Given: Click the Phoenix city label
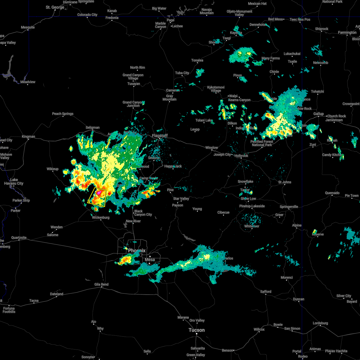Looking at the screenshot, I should pos(137,250).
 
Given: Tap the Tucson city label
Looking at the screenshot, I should pos(196,330).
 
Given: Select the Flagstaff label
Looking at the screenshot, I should pos(160,136).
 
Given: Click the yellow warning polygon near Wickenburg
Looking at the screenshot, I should pos(97,197).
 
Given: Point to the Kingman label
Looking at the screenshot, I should pos(28,136).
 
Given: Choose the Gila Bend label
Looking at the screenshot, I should pos(101,284).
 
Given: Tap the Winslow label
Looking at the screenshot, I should pos(211,148).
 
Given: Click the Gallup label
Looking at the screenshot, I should pos(319,114).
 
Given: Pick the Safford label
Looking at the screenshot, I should pos(265,291).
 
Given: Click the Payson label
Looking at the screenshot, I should pos(178,205).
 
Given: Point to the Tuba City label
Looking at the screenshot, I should pos(182,73).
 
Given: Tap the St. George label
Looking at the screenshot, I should pos(55,7).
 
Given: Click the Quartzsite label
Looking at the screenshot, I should pos(19,238).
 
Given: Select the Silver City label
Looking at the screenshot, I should pos(344,296).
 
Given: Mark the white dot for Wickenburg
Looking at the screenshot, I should pos(100,220).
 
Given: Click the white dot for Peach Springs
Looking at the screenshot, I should pos(63,116).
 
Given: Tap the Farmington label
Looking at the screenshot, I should pos(347,32).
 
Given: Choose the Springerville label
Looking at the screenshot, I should pos(289,207).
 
